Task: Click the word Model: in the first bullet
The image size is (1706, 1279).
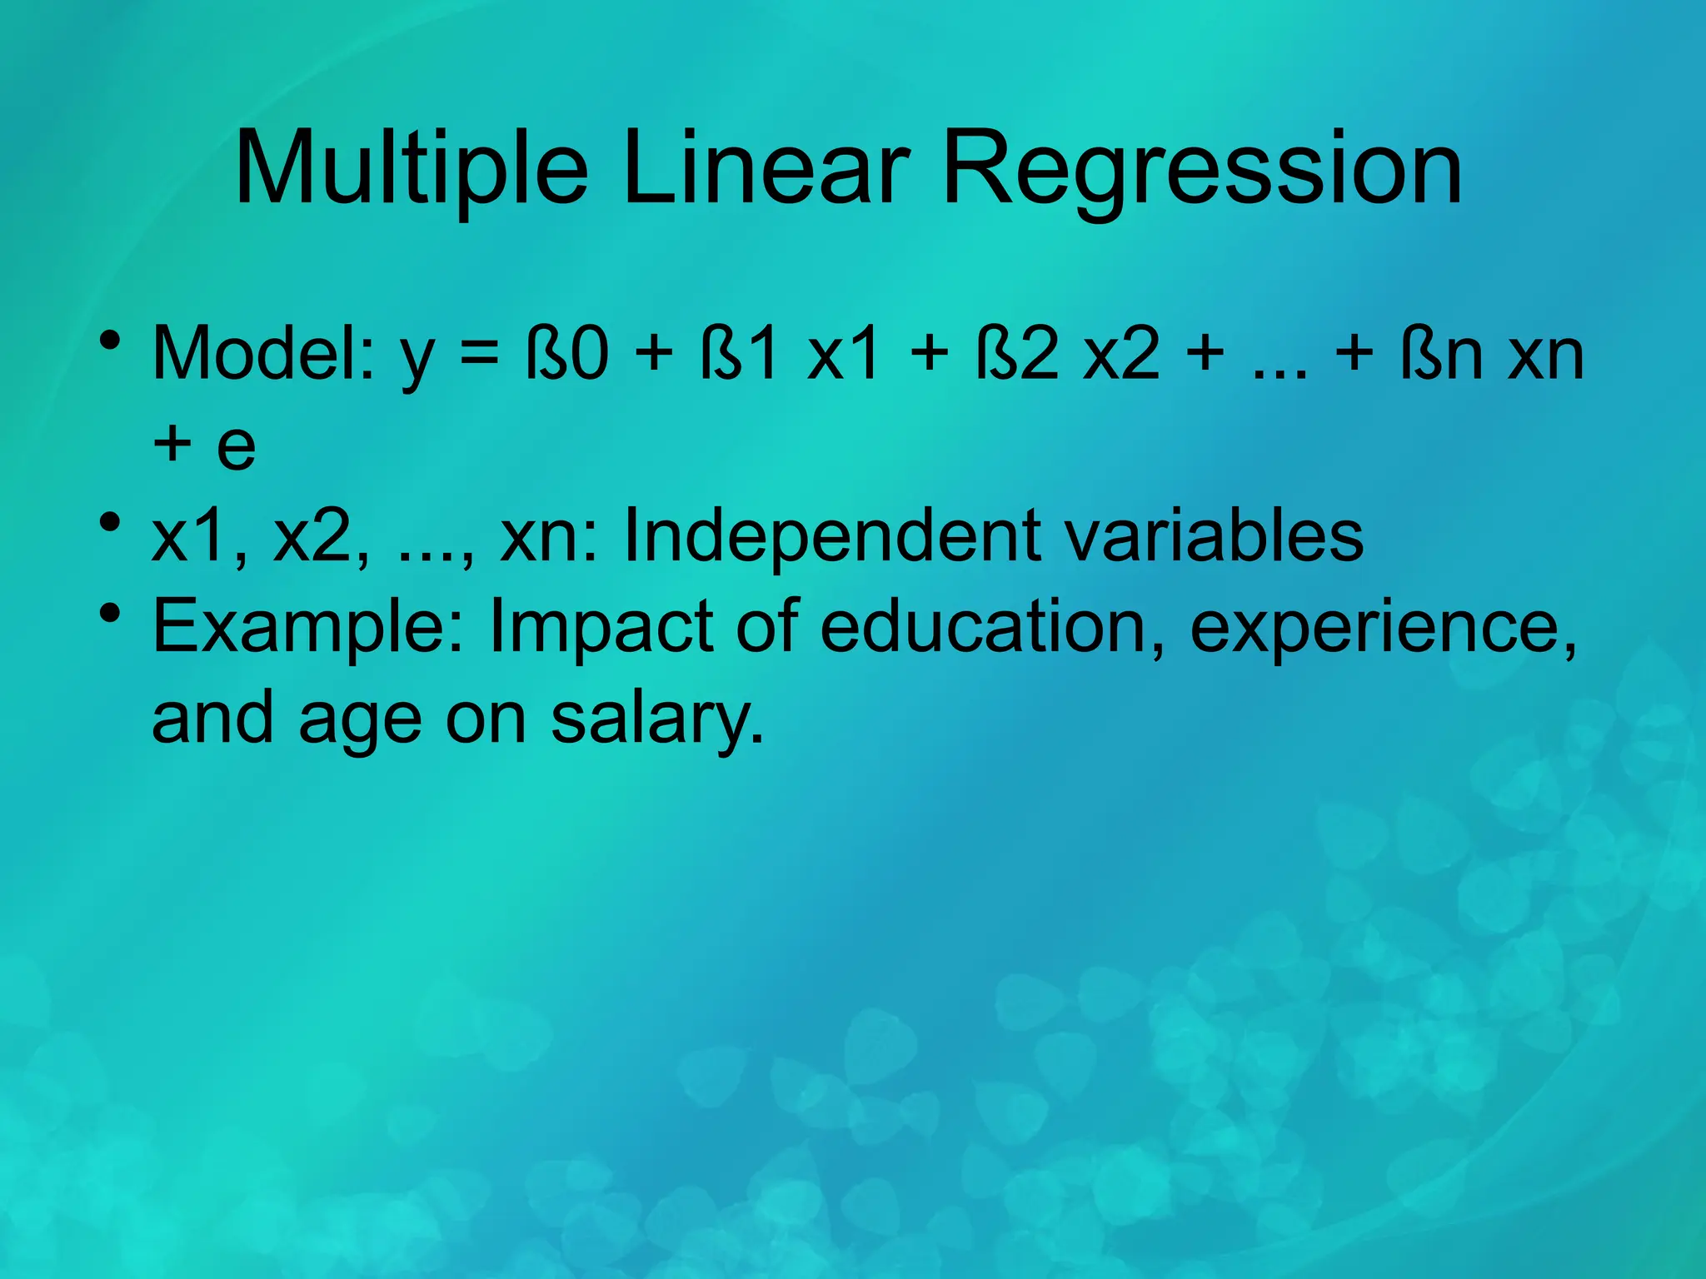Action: click(263, 354)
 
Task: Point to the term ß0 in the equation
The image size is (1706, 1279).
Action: click(566, 354)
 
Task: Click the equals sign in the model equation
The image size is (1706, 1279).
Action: click(479, 354)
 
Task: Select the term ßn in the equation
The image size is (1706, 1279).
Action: click(1441, 354)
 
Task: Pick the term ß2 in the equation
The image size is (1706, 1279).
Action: click(1015, 354)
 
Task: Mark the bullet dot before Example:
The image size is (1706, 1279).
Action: click(109, 615)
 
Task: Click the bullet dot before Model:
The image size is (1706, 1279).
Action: click(109, 341)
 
